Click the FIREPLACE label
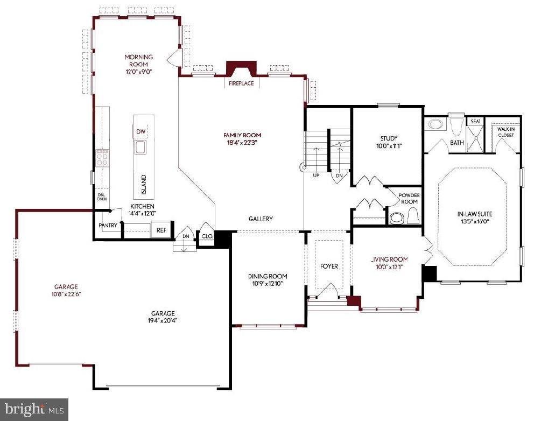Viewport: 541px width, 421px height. [x=241, y=83]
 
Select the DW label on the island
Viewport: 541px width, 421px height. [x=140, y=131]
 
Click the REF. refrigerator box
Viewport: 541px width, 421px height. [x=161, y=229]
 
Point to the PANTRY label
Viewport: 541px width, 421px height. [x=108, y=226]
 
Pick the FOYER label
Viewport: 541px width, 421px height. [x=329, y=266]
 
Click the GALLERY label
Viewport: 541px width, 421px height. [x=261, y=219]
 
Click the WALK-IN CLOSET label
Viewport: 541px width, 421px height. [x=505, y=132]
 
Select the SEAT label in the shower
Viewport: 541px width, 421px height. [x=475, y=122]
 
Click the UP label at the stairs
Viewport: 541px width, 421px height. [x=316, y=176]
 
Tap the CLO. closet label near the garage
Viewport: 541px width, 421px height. [x=207, y=235]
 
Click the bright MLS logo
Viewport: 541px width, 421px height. [x=34, y=409]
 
